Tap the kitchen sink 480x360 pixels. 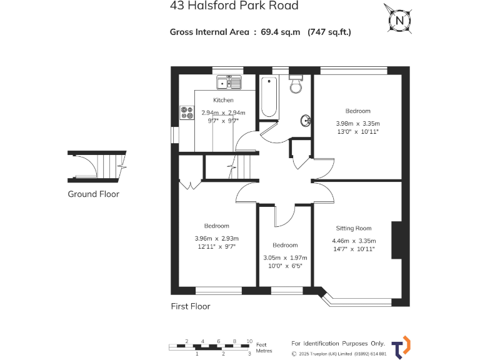(229, 82)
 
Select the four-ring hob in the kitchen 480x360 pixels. (187, 112)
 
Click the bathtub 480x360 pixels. (269, 97)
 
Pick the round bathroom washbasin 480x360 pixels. (306, 121)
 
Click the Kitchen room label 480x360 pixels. (223, 100)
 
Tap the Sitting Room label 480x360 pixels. (354, 228)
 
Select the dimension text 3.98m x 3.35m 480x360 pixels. (357, 122)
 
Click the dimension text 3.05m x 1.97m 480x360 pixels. (284, 257)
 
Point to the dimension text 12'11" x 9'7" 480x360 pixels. (217, 247)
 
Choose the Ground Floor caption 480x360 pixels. (93, 194)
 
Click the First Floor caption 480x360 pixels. (191, 306)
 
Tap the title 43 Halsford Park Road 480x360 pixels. (234, 6)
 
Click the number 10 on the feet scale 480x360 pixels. (249, 341)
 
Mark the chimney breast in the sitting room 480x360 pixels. (396, 240)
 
